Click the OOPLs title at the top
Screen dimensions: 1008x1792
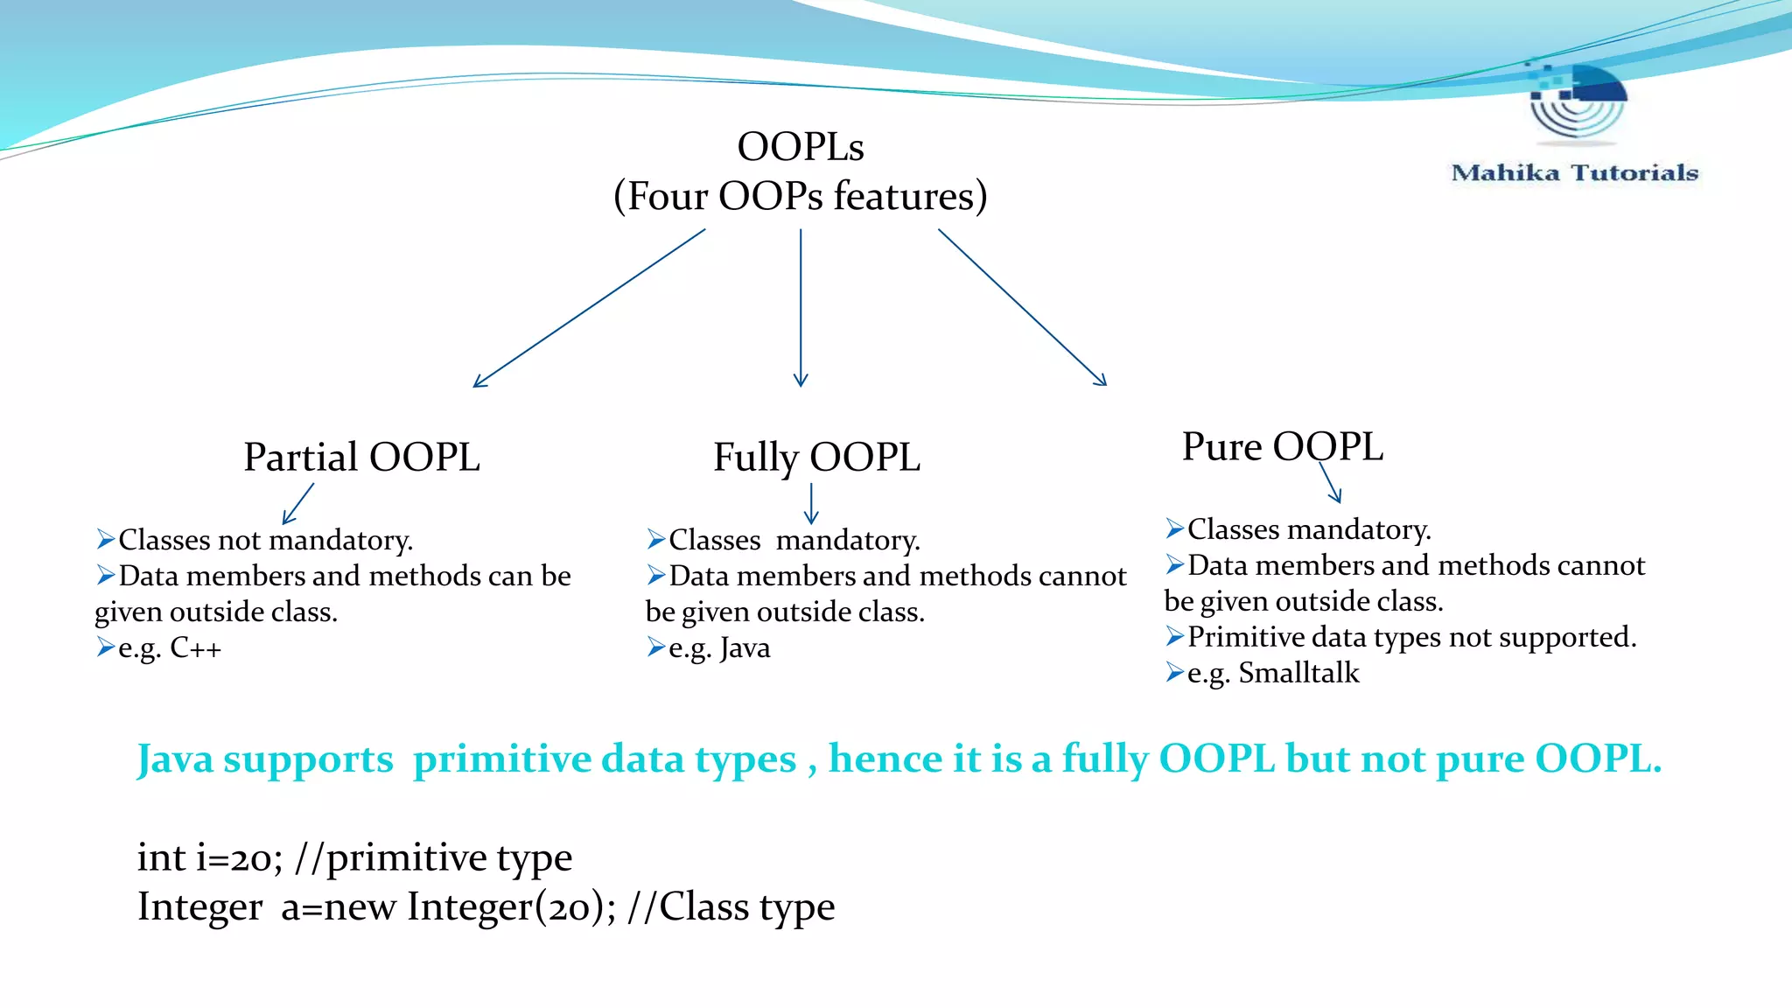(x=800, y=147)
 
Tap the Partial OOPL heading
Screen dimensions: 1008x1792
(x=361, y=458)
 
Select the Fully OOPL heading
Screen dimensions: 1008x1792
(x=816, y=458)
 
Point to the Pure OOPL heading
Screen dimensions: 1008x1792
(x=1282, y=447)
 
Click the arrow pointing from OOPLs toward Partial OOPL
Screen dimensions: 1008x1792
(x=589, y=308)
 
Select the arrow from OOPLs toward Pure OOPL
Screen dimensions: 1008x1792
(x=1022, y=307)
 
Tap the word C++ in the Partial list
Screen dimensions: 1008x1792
(x=195, y=648)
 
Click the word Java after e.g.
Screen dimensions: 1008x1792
(x=745, y=648)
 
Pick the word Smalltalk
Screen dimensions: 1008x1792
(x=1298, y=673)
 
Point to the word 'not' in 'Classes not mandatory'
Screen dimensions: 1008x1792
(x=239, y=540)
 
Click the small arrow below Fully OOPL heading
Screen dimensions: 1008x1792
(x=811, y=504)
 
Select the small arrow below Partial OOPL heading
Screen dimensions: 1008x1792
(x=298, y=504)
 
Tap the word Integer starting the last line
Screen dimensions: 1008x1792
(x=199, y=907)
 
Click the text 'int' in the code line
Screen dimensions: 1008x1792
(x=161, y=857)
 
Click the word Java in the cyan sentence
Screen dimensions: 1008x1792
(x=175, y=759)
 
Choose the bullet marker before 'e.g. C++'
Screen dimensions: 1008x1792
(x=106, y=647)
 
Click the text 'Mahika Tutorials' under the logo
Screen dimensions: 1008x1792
(x=1574, y=173)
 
